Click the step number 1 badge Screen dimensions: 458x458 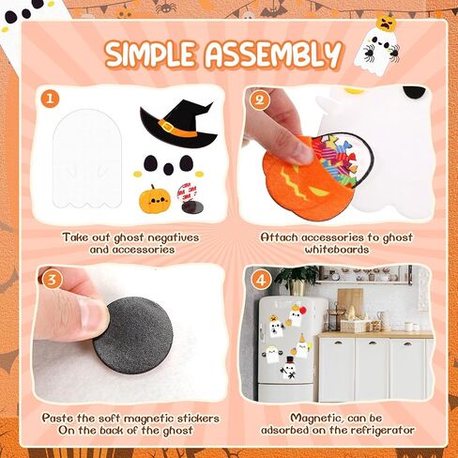[x=50, y=99]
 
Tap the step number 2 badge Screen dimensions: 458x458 [x=260, y=99]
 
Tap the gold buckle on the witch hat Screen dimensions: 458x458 [x=167, y=126]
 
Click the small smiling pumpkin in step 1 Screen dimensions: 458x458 [x=155, y=199]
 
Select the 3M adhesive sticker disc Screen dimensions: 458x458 [x=188, y=199]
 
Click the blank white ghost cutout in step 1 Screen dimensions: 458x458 [x=87, y=159]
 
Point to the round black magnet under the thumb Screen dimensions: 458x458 [x=132, y=332]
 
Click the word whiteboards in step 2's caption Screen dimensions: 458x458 [x=337, y=250]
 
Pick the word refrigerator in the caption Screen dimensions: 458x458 [x=382, y=430]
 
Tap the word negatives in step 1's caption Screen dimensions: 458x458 [x=173, y=237]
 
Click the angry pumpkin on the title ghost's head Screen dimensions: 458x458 [x=387, y=23]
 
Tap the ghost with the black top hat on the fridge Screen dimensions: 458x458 [x=290, y=369]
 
